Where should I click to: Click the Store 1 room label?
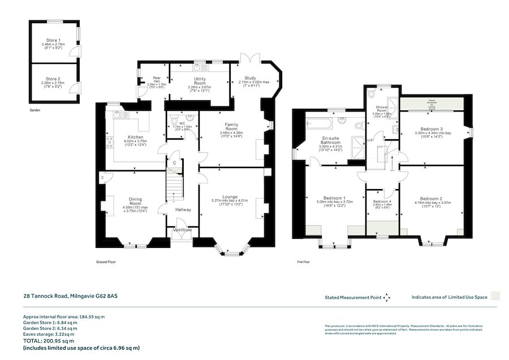(54, 40)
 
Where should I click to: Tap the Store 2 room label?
(54, 79)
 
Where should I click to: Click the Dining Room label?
(135, 201)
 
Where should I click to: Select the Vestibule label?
(182, 230)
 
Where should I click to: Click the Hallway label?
(183, 210)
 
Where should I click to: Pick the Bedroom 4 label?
(382, 202)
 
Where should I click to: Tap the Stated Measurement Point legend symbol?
(387, 297)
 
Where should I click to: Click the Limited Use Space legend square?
(495, 296)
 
